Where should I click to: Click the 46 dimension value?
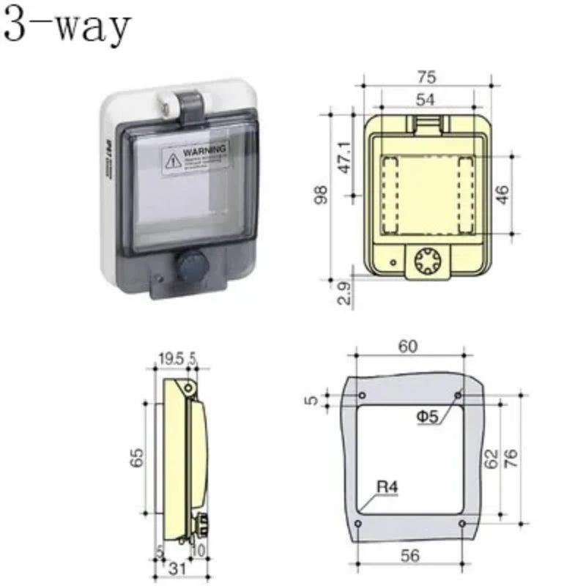click(x=502, y=194)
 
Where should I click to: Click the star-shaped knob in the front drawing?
click(x=426, y=261)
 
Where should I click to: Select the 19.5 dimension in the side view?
click(x=171, y=359)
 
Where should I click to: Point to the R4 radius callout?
click(x=387, y=486)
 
